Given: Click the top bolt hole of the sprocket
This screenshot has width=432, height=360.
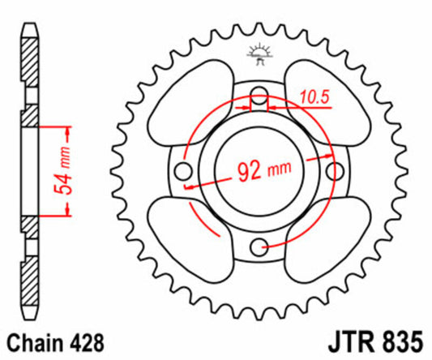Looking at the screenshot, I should (259, 96).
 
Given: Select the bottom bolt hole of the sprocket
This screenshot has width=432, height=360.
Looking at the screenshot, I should (259, 246).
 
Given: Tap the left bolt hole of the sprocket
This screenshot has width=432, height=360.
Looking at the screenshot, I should (184, 171).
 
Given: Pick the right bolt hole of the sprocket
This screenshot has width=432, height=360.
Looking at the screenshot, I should (333, 171).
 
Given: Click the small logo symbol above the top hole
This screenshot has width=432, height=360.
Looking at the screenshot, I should (259, 54).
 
